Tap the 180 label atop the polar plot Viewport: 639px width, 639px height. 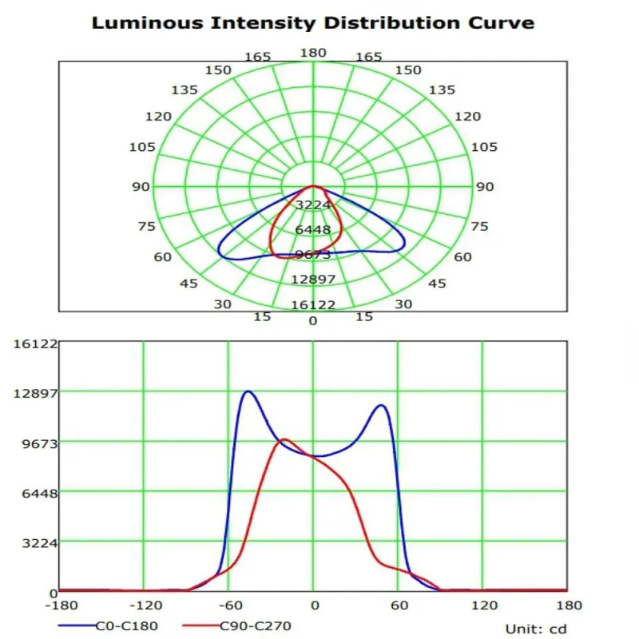tap(312, 53)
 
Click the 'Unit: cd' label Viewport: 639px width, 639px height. tap(536, 629)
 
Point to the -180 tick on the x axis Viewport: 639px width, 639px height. tap(60, 605)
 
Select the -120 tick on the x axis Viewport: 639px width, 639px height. tap(144, 605)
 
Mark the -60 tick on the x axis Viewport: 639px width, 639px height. tap(228, 605)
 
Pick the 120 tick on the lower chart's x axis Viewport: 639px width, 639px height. tap(482, 605)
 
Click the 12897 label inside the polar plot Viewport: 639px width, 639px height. tap(313, 279)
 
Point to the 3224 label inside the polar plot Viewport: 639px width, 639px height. tap(313, 205)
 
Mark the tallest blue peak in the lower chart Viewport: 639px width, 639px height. tap(248, 391)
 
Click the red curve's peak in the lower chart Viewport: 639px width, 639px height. tap(284, 439)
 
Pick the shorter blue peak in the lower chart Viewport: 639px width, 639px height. tap(381, 406)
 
